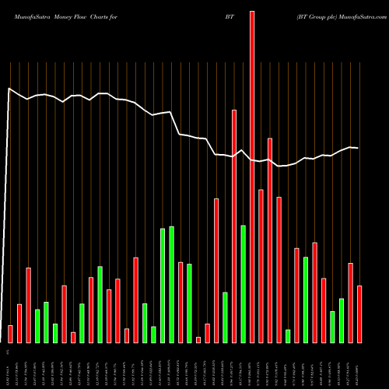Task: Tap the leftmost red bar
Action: (x=11, y=334)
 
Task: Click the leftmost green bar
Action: (x=37, y=326)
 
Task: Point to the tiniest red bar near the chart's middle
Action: (x=198, y=339)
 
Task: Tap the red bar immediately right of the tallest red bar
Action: (x=261, y=265)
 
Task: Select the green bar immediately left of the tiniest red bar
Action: (x=189, y=303)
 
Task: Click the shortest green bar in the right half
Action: (x=288, y=336)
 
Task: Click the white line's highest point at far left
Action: (x=9, y=89)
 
